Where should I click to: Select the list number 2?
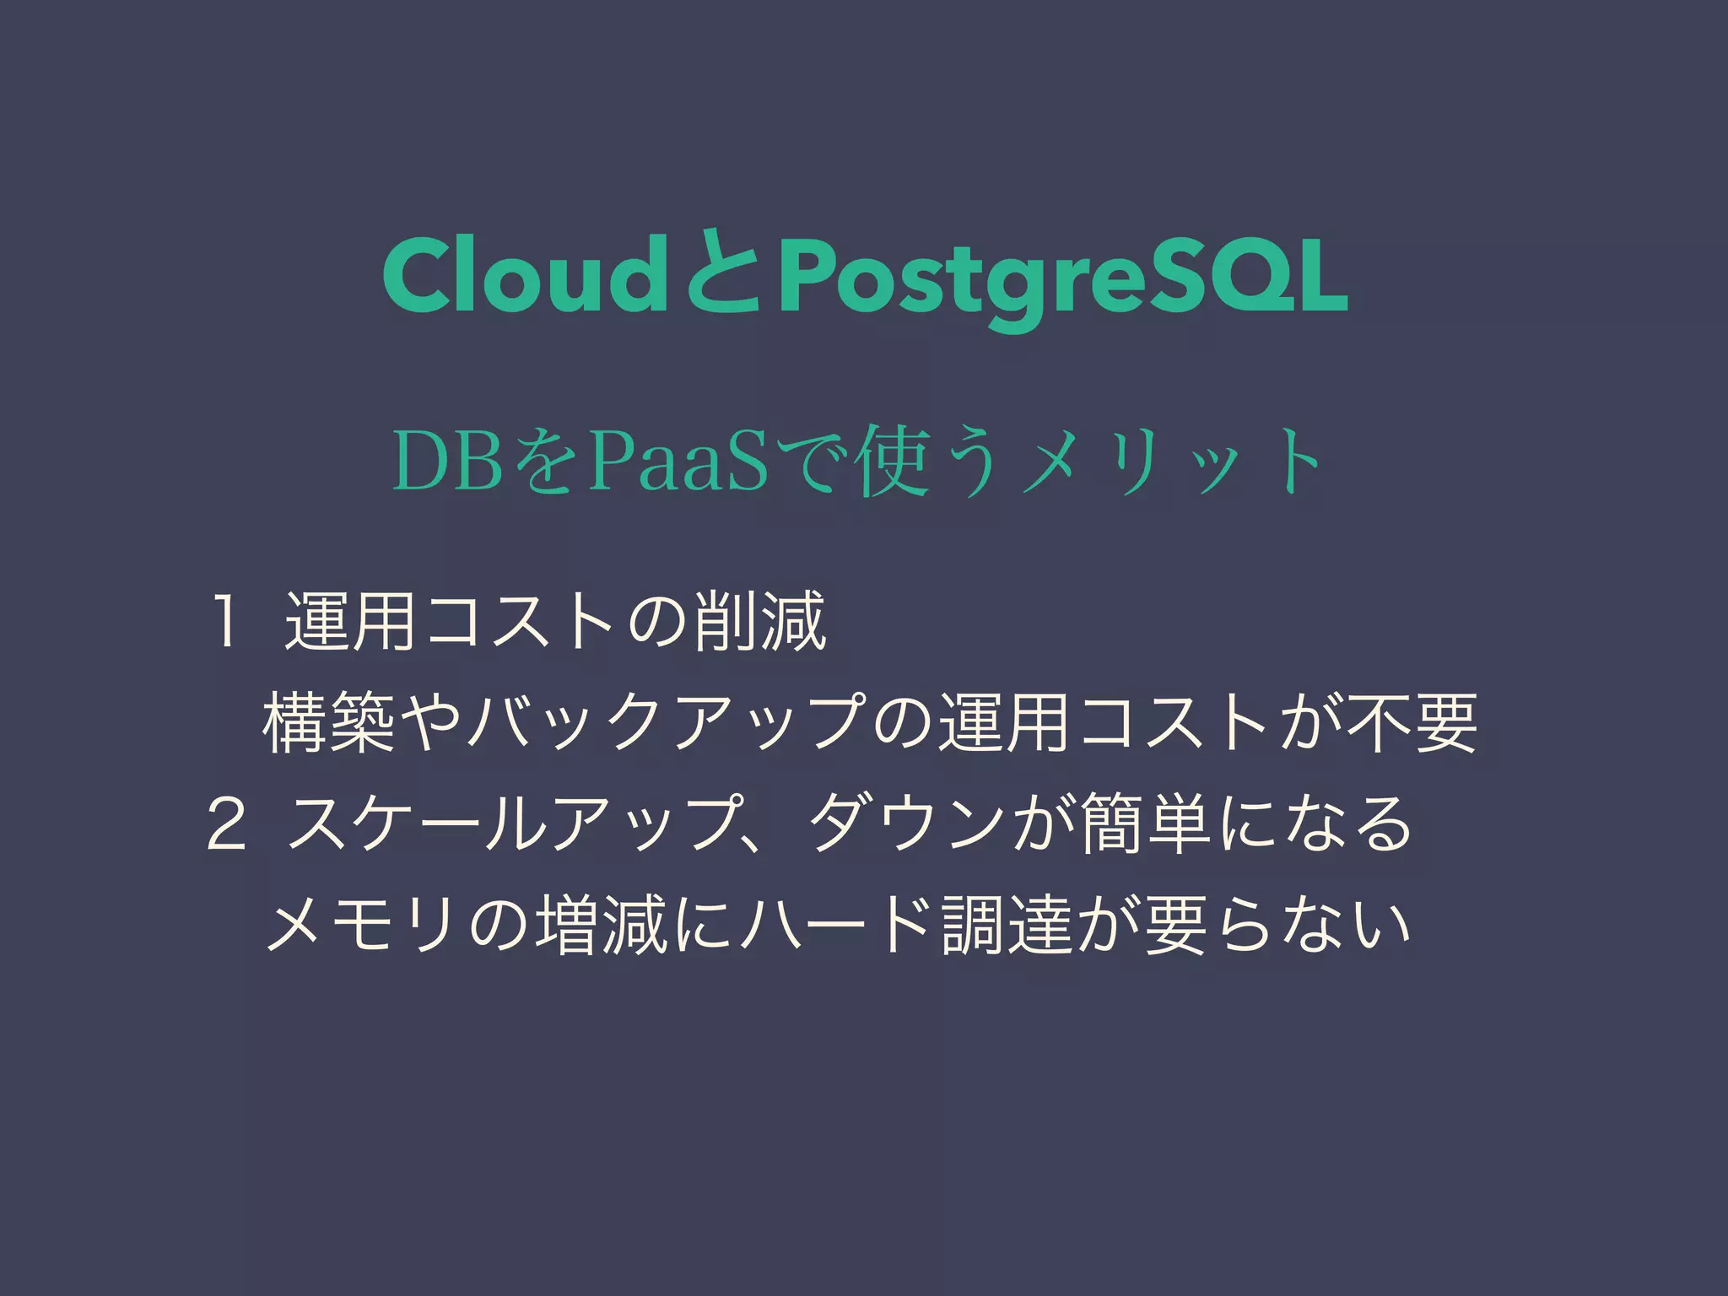[227, 824]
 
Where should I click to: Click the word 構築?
[329, 723]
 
